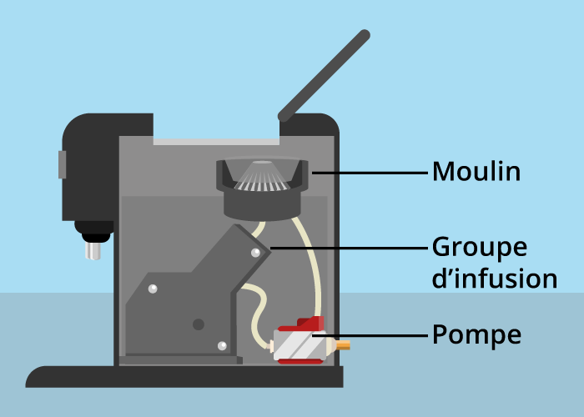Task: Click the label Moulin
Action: (x=476, y=172)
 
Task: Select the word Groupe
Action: (x=479, y=248)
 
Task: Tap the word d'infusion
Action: (x=494, y=279)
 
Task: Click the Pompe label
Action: (x=476, y=335)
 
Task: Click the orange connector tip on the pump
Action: (x=343, y=344)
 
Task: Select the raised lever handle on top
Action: (x=325, y=74)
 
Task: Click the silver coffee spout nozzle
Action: (x=93, y=248)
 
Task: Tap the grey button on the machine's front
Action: (x=62, y=164)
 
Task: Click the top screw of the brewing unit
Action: (x=255, y=252)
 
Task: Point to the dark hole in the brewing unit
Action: (x=199, y=324)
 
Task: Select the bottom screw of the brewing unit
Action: (x=222, y=345)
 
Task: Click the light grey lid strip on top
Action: (x=216, y=141)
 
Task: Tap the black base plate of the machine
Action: (x=184, y=376)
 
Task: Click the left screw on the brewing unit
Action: (x=153, y=289)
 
